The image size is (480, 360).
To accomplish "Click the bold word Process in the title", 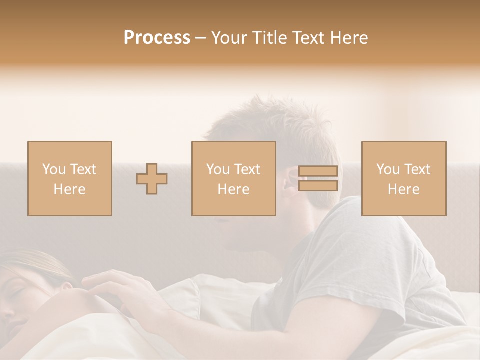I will coord(157,38).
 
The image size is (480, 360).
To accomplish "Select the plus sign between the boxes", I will coord(152,178).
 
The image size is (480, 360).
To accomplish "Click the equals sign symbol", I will coord(318,178).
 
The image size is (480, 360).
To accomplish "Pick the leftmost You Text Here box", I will coord(70,178).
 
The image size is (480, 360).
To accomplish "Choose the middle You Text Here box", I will coord(233,178).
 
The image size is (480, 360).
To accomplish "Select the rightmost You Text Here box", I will coord(403,178).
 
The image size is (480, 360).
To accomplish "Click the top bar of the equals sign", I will coord(318,171).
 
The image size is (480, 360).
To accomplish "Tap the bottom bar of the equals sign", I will coord(318,186).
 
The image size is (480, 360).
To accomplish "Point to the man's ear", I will coord(290,181).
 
